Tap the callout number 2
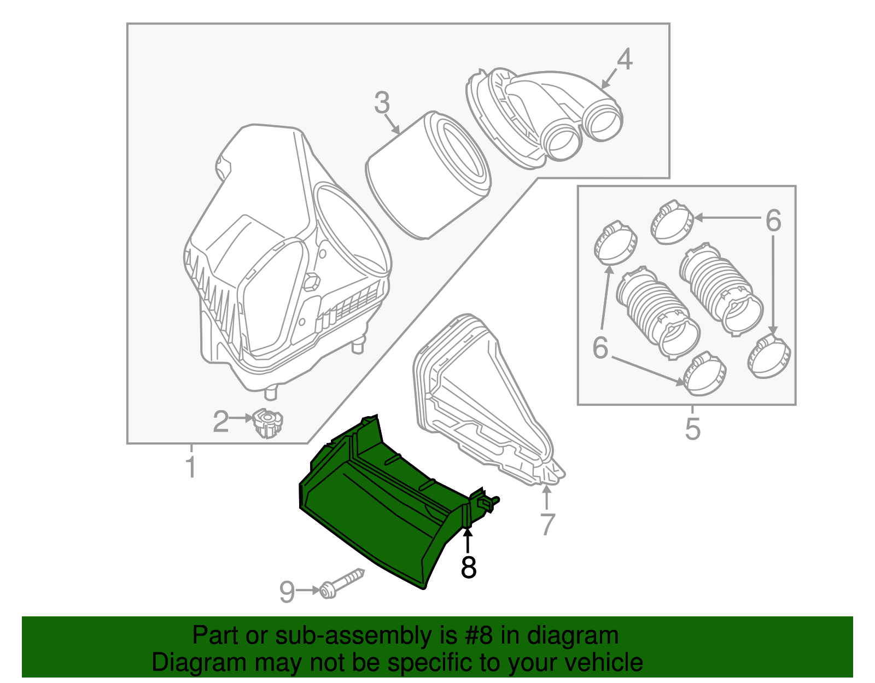click(x=220, y=422)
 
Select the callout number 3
click(x=382, y=103)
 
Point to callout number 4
click(x=624, y=59)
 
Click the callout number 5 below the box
click(x=692, y=429)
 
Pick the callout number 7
click(x=547, y=524)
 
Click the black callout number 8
click(x=469, y=567)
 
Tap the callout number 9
click(x=287, y=592)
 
